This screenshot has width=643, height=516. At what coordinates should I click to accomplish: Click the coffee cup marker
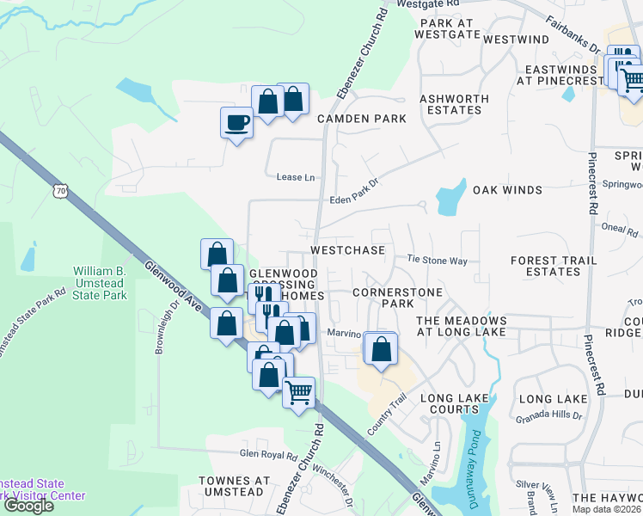236,123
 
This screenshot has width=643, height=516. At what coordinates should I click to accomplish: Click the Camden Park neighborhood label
360,119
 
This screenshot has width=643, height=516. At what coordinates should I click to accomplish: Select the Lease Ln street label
296,177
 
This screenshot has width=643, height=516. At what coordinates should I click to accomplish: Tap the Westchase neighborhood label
347,250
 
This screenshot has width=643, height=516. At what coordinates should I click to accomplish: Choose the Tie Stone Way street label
437,260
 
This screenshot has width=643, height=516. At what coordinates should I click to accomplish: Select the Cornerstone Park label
397,298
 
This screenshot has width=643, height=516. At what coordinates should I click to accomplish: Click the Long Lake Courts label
454,404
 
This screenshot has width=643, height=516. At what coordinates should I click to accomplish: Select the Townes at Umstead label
234,486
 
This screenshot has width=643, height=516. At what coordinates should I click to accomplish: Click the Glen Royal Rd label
268,454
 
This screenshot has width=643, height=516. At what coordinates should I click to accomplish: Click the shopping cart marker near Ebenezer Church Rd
298,393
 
